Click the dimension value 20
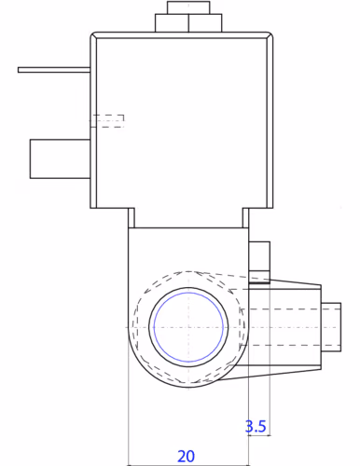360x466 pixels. [186, 456]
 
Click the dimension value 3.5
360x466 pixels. [256, 426]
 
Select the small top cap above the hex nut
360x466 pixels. [188, 7]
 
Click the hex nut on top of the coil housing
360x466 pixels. [188, 23]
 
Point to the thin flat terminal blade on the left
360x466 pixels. [54, 70]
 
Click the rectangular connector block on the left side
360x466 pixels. [61, 159]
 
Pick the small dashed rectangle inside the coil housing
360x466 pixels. [107, 121]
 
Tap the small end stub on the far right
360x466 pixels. [331, 327]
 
